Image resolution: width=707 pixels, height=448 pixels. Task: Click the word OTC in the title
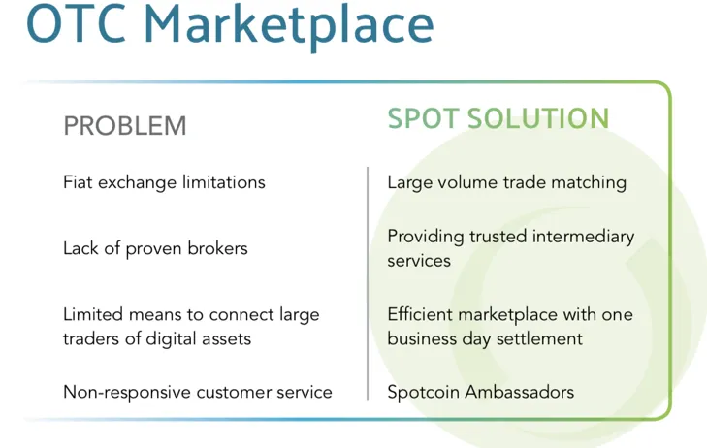[x=76, y=23]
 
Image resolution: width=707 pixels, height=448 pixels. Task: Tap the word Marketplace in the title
[x=289, y=27]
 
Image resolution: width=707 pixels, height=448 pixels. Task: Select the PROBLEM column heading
[x=125, y=126]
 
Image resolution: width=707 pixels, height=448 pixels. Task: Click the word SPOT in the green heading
[x=423, y=118]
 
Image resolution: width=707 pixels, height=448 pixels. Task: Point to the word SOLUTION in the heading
[x=538, y=118]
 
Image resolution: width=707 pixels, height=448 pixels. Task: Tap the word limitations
[x=224, y=182]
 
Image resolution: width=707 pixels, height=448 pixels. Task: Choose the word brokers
[x=217, y=248]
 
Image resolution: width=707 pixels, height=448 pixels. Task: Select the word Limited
[x=93, y=314]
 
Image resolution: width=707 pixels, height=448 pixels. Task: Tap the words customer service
[x=264, y=392]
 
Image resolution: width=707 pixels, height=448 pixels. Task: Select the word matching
[x=589, y=183]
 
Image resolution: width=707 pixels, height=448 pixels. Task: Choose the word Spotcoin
[x=424, y=392]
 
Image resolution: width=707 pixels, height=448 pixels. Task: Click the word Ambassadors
[x=520, y=392]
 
